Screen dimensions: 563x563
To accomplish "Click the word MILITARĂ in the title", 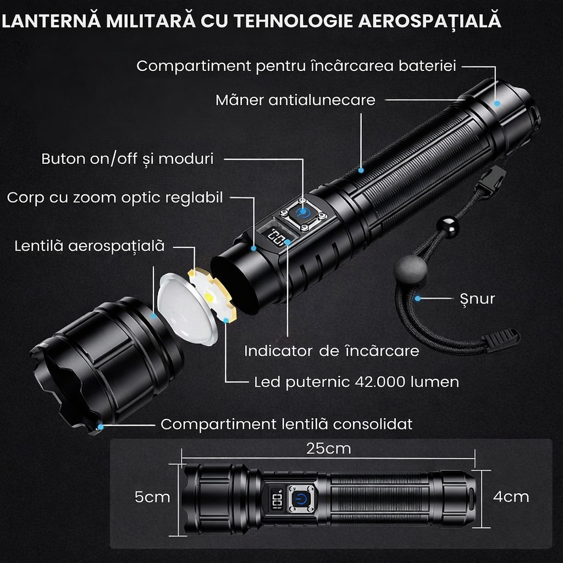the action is (x=151, y=21).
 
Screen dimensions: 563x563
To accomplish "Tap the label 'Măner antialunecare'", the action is (x=295, y=100).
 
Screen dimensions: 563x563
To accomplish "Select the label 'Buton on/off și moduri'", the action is (x=128, y=159).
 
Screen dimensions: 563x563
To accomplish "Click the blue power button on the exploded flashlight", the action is (x=302, y=214).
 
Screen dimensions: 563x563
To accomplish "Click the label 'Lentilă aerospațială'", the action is (x=90, y=246).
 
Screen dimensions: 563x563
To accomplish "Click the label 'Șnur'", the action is (x=477, y=298).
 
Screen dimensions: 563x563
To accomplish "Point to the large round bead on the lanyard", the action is (x=410, y=269).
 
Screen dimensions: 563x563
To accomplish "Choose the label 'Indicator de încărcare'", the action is (x=332, y=351).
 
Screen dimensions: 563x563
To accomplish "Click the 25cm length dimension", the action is (x=329, y=449).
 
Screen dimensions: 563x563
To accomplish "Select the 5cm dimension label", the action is (x=152, y=497).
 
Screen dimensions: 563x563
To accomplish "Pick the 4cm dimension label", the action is (x=511, y=497).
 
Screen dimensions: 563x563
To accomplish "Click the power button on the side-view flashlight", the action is (x=301, y=499).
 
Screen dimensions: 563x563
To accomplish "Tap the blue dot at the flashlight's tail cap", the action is (x=497, y=103).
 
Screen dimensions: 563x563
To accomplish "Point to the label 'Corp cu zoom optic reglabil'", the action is (x=115, y=198).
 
